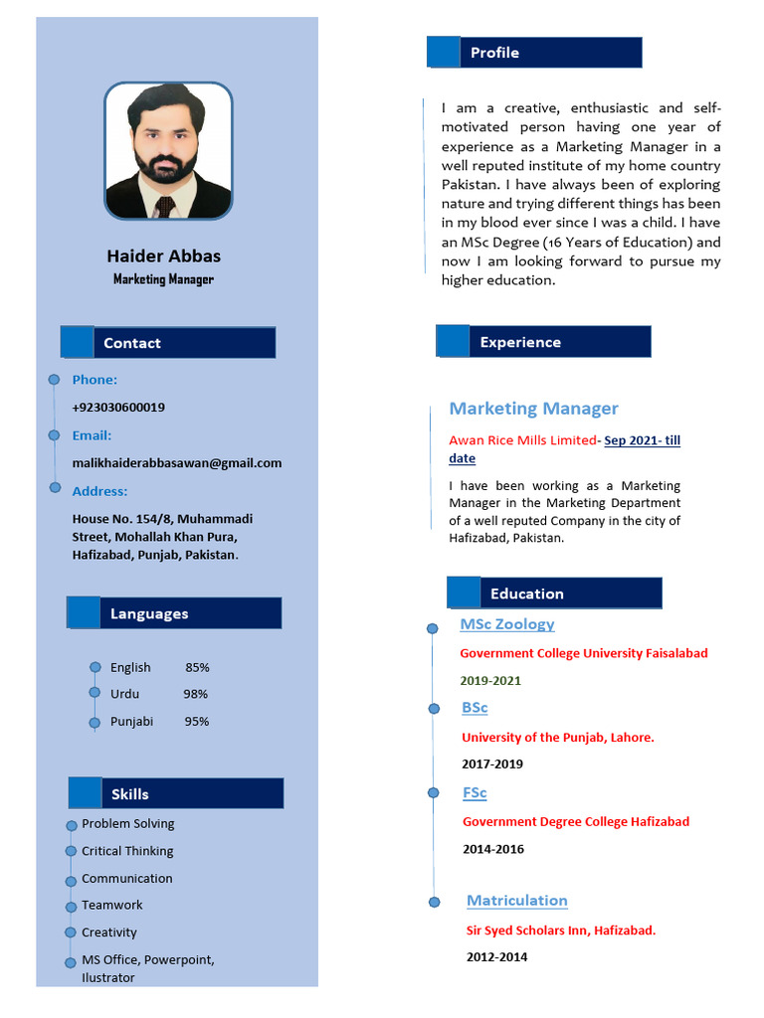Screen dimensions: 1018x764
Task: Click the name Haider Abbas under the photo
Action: coord(164,256)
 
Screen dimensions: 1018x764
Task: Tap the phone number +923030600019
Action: coord(118,408)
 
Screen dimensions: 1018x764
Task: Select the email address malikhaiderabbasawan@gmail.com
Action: coord(177,463)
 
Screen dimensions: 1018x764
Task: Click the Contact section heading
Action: coord(131,343)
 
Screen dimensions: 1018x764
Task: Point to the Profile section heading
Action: coord(494,53)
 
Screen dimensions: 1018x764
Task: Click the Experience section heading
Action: coord(520,342)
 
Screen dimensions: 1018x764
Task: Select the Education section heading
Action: coord(526,594)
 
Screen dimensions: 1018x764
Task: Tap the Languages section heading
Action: coord(149,613)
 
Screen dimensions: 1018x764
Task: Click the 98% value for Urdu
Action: coord(195,694)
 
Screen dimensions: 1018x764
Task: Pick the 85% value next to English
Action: coord(197,667)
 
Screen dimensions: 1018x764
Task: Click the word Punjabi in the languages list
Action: coord(131,722)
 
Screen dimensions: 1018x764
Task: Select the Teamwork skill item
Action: coord(112,905)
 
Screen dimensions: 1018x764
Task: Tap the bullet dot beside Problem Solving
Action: coord(72,826)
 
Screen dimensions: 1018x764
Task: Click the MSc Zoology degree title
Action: coord(507,624)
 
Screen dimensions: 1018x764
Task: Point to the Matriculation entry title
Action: coord(517,901)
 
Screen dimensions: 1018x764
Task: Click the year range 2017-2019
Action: coord(492,764)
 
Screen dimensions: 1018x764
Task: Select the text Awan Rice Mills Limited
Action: coord(522,440)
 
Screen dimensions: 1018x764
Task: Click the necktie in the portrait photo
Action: coord(165,207)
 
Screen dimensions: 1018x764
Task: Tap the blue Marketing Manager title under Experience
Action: coord(533,409)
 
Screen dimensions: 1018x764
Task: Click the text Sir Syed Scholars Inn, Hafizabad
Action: coord(561,931)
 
